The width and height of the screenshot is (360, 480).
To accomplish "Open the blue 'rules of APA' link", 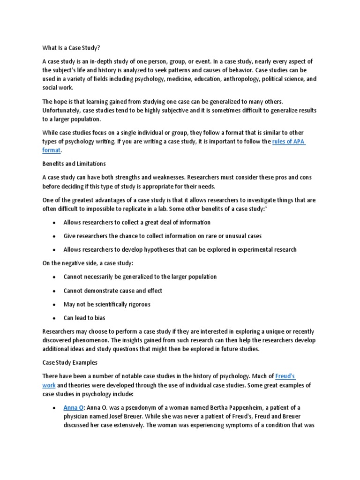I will click(289, 142).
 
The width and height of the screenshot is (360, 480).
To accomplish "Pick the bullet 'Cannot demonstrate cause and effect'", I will click(113, 291).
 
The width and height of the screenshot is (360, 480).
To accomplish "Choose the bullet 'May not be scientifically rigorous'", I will click(107, 304).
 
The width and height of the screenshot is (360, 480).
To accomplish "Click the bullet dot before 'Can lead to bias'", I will click(55, 318).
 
